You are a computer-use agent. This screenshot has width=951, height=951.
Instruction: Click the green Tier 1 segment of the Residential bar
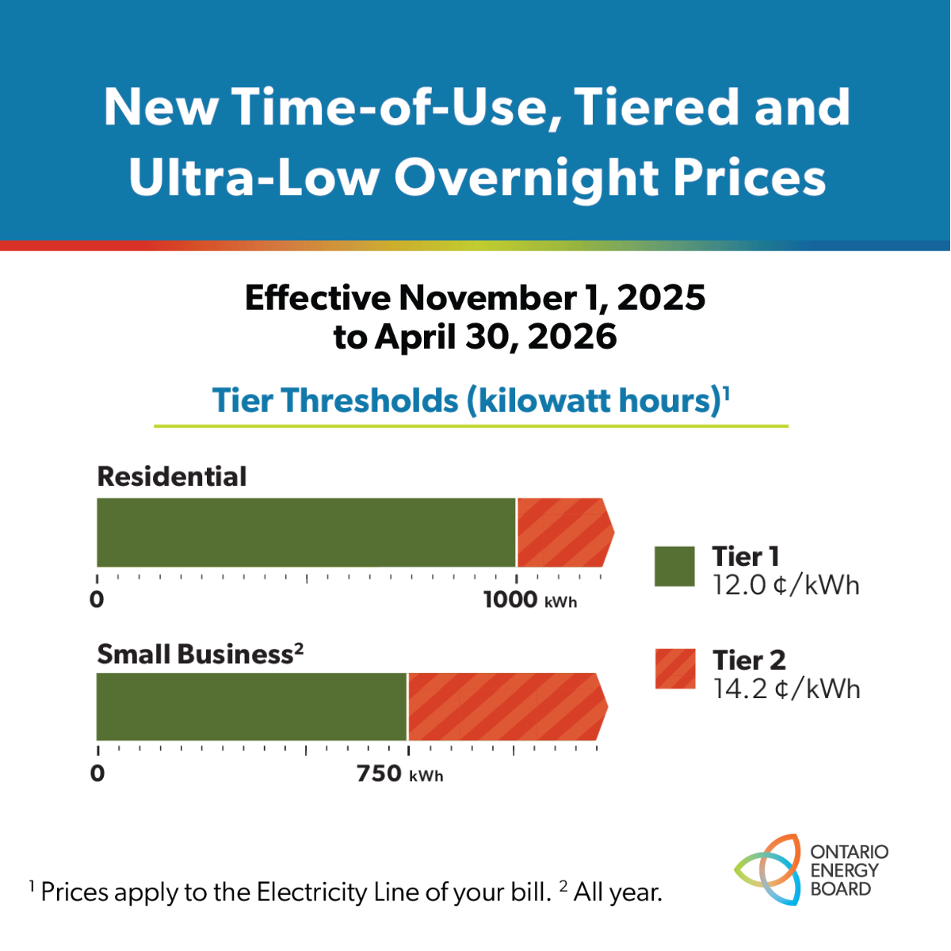[x=306, y=533]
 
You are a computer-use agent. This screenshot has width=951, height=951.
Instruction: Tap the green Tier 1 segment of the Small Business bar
[x=251, y=707]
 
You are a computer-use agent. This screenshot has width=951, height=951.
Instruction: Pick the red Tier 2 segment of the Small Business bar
[x=504, y=707]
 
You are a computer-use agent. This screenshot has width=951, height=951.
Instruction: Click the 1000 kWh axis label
[x=529, y=600]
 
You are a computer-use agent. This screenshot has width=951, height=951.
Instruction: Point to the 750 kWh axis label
[x=399, y=773]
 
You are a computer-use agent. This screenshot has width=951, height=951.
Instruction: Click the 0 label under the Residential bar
[x=97, y=600]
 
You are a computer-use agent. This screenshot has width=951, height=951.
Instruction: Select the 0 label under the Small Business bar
[x=97, y=773]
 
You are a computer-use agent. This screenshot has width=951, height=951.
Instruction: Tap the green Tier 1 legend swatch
[x=674, y=567]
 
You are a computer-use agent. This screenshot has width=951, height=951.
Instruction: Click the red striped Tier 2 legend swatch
[x=675, y=669]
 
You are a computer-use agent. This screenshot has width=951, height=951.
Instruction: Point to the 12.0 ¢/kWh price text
[x=785, y=586]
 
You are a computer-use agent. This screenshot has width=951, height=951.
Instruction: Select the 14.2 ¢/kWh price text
[x=786, y=689]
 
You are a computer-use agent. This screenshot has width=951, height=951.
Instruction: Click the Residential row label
[x=172, y=476]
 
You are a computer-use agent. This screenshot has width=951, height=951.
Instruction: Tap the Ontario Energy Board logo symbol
[x=767, y=870]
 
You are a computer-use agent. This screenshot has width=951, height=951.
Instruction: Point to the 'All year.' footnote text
[x=617, y=893]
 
